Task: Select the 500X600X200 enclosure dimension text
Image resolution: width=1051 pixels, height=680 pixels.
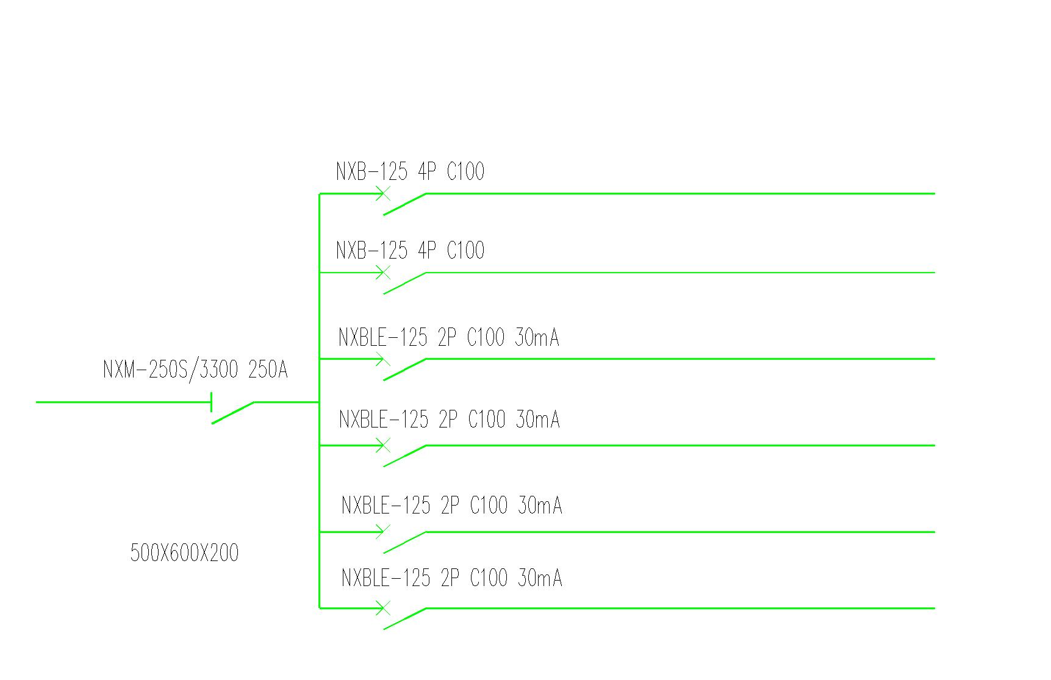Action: [184, 553]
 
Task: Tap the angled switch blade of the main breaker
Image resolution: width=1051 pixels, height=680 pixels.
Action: [233, 412]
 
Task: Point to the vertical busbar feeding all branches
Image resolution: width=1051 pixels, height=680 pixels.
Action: [319, 401]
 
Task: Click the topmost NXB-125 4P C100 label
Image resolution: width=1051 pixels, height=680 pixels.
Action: [410, 171]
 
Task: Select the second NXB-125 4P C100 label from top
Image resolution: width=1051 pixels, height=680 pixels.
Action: [410, 250]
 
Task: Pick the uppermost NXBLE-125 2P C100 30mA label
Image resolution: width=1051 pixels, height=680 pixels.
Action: [448, 337]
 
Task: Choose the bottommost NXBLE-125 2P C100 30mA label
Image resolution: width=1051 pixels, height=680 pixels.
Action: [451, 578]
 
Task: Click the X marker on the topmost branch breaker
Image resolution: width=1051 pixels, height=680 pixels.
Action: [382, 194]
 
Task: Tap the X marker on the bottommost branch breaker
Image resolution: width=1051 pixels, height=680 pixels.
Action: [382, 608]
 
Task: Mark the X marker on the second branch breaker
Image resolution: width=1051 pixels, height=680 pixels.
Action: [382, 273]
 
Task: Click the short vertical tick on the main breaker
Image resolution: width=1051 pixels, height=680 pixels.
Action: [211, 402]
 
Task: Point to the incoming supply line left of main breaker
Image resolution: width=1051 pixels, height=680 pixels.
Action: [123, 402]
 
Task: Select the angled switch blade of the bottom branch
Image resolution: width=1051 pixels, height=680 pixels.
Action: [404, 618]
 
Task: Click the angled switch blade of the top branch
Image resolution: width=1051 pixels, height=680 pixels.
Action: [404, 204]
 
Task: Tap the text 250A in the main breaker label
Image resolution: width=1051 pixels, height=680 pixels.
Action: [268, 370]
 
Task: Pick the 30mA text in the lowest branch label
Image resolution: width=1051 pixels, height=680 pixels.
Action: [540, 578]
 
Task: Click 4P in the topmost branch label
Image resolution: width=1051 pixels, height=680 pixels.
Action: [427, 171]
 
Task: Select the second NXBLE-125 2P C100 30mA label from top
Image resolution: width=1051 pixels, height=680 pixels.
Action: [449, 420]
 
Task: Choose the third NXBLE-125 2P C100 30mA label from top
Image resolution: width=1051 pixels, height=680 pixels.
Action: [451, 506]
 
